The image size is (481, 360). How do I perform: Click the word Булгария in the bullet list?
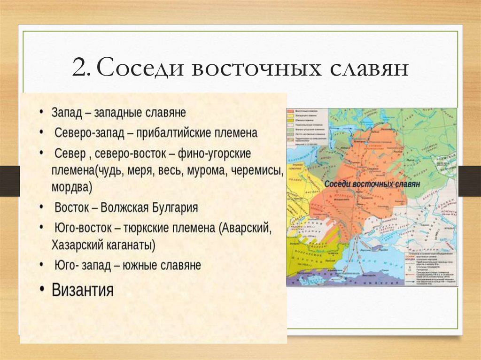pos(174,207)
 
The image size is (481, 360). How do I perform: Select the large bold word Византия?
pos(82,289)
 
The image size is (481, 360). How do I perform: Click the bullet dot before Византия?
pos(42,289)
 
